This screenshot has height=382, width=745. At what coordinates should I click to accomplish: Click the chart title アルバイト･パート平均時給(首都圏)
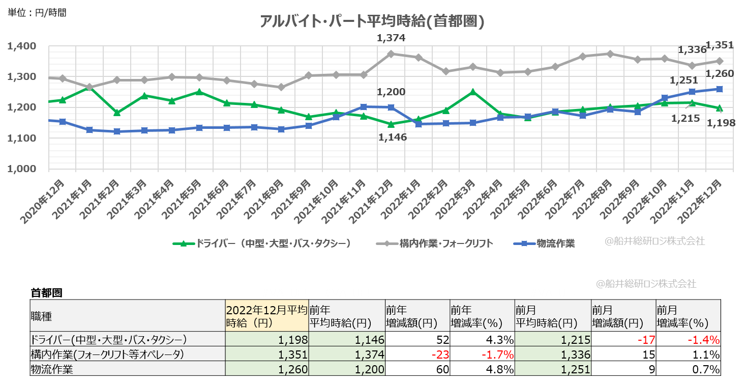[372, 21]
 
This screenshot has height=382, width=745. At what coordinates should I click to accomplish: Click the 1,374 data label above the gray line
[391, 38]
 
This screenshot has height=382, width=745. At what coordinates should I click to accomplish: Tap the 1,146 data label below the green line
[393, 137]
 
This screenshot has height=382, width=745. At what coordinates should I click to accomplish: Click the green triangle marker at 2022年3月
[472, 92]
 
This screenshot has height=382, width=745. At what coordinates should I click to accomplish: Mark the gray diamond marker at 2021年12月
[391, 53]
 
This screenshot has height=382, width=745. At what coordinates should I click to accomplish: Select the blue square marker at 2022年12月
[720, 89]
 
